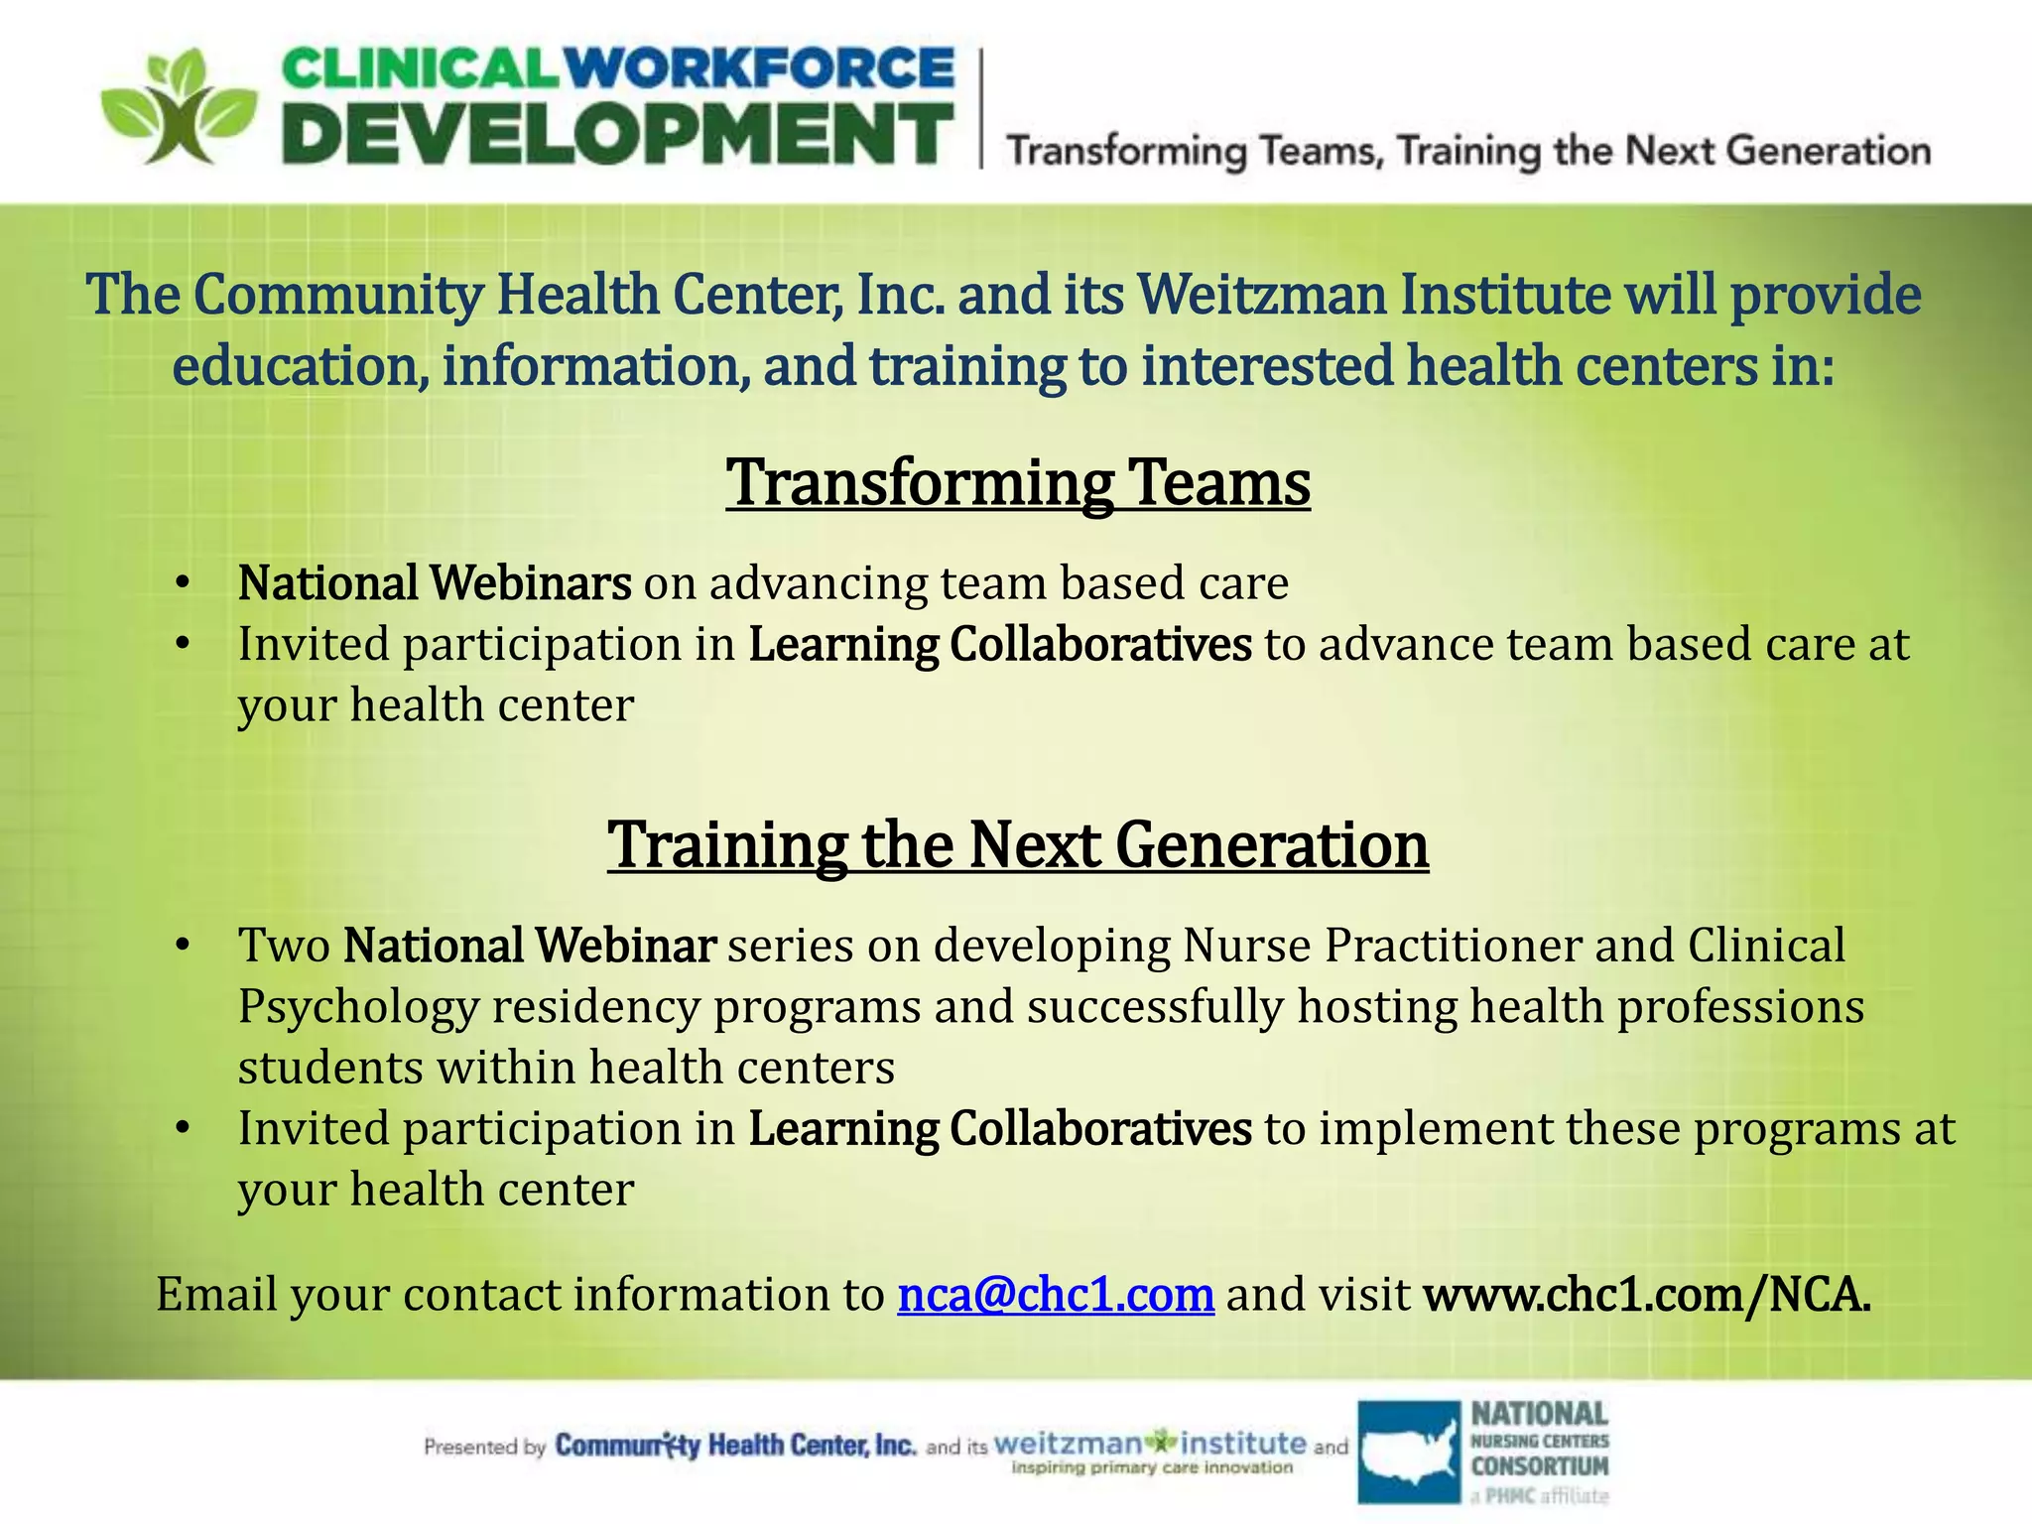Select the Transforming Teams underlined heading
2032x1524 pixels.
pos(1018,482)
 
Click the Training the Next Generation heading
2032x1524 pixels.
pos(1018,845)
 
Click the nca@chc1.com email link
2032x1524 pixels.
pos(1056,1295)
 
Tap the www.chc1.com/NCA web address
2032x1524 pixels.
pos(1647,1295)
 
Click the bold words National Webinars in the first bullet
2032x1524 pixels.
pos(435,583)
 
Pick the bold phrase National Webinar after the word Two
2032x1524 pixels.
pos(530,946)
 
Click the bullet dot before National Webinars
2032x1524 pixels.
pos(181,583)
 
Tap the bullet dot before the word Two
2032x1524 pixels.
pos(181,946)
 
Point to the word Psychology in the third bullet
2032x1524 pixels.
pos(358,1007)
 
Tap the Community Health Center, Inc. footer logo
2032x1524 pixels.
pos(735,1446)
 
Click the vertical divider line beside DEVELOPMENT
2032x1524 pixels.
pos(982,109)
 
